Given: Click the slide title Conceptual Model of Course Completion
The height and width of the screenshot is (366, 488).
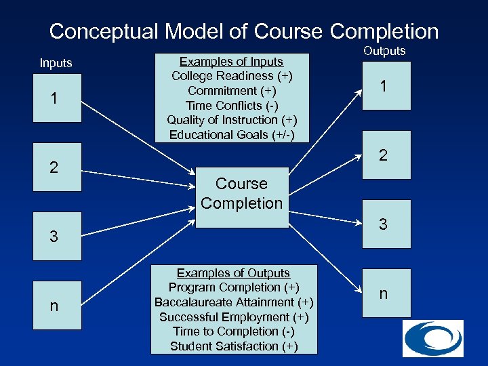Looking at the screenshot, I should click(x=244, y=31).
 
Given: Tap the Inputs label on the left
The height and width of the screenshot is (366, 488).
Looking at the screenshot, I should click(x=56, y=63).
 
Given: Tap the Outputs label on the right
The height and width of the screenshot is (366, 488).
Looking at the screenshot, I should click(x=384, y=51).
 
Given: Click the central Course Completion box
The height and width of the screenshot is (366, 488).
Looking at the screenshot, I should click(x=242, y=194).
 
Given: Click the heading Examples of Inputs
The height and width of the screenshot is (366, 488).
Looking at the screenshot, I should click(x=231, y=62).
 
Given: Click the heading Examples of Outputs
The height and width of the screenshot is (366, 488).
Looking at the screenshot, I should click(x=233, y=273).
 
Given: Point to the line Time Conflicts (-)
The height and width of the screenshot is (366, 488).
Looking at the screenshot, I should click(x=231, y=105).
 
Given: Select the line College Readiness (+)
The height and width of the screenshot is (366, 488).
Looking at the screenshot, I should click(x=231, y=76).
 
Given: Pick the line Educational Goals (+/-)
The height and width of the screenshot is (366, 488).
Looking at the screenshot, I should click(x=231, y=134).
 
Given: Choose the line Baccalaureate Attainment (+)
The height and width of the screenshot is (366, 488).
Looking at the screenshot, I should click(x=233, y=302).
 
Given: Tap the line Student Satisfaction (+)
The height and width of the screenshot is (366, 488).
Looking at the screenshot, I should click(x=233, y=346).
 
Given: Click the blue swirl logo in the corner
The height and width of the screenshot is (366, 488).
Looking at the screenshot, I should click(x=432, y=338).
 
